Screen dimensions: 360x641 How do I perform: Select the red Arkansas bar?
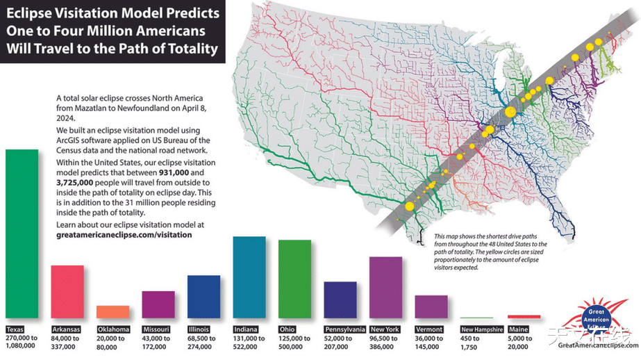(x=67, y=291)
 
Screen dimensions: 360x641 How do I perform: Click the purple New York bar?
(x=385, y=287)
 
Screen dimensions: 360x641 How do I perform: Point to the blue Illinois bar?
(x=203, y=296)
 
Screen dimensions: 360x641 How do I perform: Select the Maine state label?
(x=518, y=329)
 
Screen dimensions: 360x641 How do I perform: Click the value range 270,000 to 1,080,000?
(x=22, y=341)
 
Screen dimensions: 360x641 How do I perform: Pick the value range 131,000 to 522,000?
(x=249, y=341)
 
